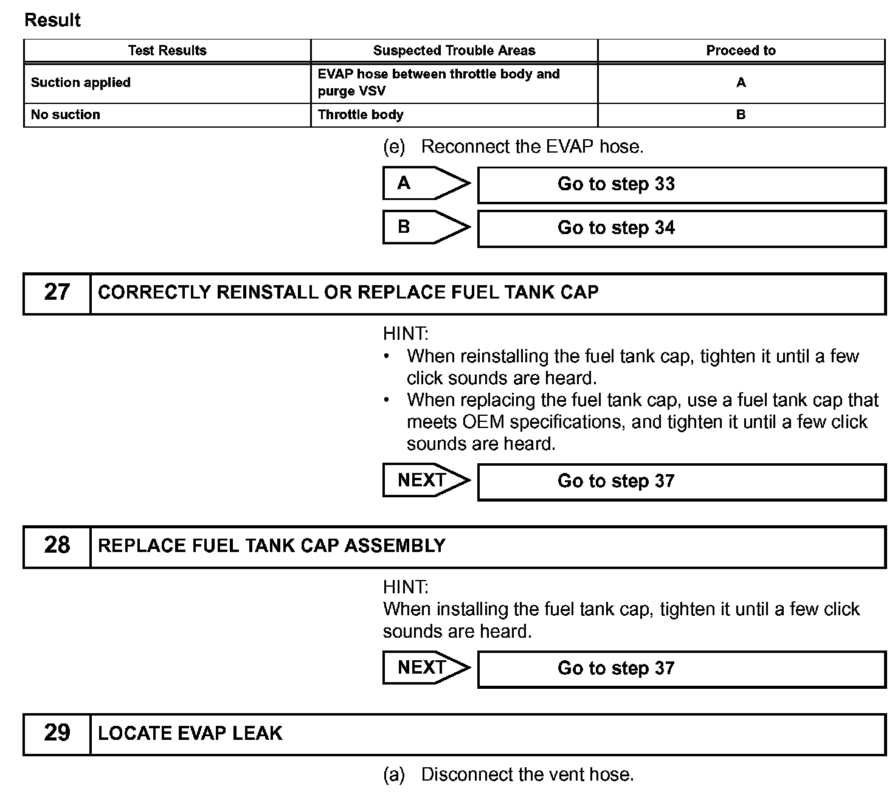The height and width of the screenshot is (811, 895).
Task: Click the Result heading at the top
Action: [52, 20]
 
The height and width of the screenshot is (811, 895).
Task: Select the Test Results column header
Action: [167, 50]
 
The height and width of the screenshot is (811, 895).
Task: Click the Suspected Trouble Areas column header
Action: [454, 50]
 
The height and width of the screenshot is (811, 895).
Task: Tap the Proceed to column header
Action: [741, 50]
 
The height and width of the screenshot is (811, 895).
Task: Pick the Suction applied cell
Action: [81, 83]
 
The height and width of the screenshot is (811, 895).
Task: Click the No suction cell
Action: [66, 115]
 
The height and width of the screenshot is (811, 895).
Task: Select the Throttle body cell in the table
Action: [361, 115]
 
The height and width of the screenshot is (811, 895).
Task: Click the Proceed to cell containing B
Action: [741, 115]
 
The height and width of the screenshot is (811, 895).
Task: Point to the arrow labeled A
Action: [426, 184]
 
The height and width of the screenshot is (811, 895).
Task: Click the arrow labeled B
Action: [426, 227]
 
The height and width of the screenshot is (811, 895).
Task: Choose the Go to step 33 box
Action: [681, 185]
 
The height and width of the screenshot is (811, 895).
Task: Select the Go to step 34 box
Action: [681, 229]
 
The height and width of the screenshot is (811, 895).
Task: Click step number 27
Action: [57, 293]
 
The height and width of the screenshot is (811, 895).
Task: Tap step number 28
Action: [57, 546]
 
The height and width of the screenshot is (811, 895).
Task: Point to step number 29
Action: [57, 733]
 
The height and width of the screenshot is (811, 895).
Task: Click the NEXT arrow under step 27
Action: [426, 480]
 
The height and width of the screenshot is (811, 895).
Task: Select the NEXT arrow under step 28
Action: [426, 668]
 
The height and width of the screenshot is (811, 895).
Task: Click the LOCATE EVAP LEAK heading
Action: [190, 733]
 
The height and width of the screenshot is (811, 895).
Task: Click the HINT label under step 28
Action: [406, 587]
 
